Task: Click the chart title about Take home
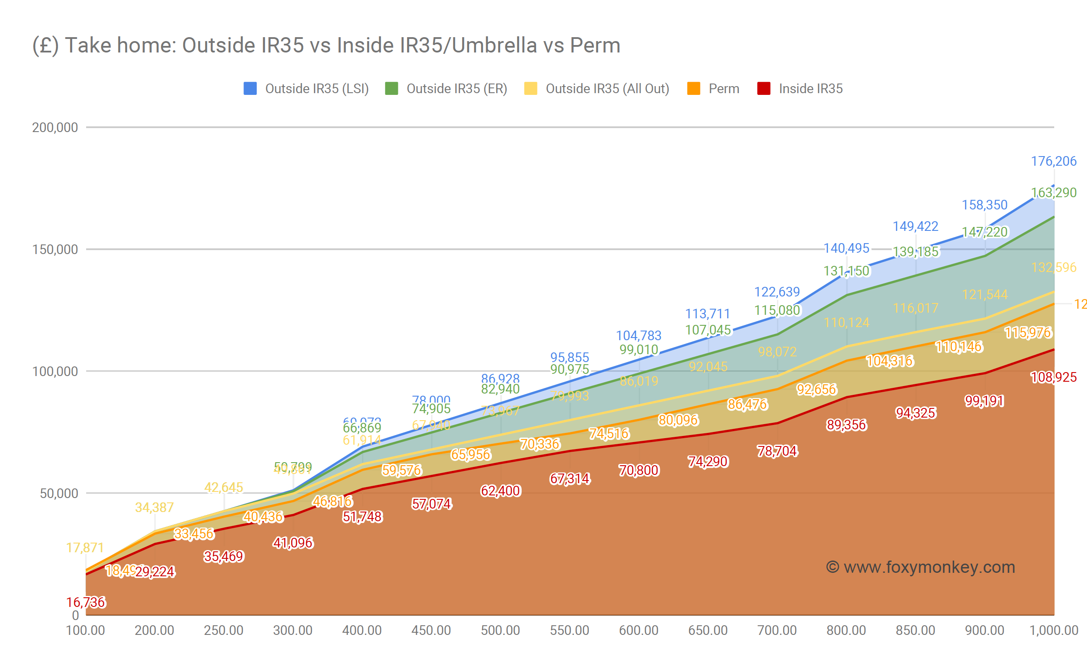point(326,45)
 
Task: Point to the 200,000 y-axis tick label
point(55,127)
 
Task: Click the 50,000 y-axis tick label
point(59,493)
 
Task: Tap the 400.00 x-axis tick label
point(362,630)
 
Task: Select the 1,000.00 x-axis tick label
point(1053,630)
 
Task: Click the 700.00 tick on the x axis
point(777,630)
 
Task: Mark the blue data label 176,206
point(1053,161)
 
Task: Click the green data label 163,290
point(1053,192)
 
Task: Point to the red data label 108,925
point(1053,377)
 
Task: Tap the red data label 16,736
point(86,602)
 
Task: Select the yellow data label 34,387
point(154,507)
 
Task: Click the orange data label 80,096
point(678,419)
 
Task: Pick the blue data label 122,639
point(777,292)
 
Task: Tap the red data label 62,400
point(500,491)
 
